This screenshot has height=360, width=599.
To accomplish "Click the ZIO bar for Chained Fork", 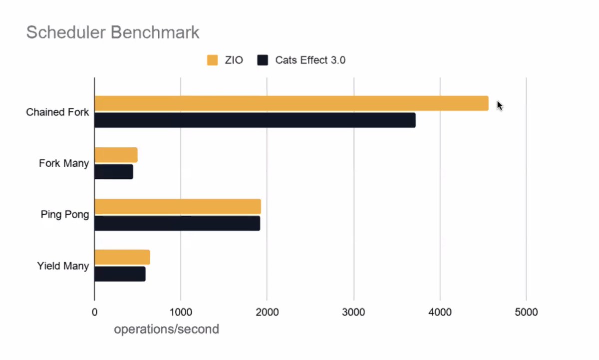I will click(x=291, y=103).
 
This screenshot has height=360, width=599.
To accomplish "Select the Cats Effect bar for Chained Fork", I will click(x=255, y=120).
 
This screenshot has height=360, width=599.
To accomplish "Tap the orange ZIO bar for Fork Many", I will click(x=116, y=155).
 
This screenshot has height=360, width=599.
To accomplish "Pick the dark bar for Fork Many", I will click(x=113, y=172).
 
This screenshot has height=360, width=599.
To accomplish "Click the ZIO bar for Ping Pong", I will click(x=177, y=206).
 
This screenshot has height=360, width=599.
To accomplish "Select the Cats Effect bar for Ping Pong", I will click(x=177, y=223).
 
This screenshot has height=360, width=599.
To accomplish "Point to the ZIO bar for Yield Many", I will click(x=122, y=257).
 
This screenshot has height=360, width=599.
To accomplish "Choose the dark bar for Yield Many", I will click(x=120, y=274).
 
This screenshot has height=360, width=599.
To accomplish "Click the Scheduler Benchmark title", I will click(x=113, y=32).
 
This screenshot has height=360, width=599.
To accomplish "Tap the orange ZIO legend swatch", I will click(x=213, y=60).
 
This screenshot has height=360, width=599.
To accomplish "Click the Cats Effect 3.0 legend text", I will click(x=310, y=60).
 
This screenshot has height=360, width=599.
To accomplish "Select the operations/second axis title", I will click(x=166, y=330).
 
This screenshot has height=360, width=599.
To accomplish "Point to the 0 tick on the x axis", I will click(x=94, y=313).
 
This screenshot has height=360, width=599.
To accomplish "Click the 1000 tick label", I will click(x=180, y=313).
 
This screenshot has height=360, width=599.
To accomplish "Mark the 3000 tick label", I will click(x=353, y=313).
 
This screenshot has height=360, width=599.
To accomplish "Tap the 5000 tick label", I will click(x=526, y=313).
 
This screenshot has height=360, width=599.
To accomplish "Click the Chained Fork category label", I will click(x=57, y=112).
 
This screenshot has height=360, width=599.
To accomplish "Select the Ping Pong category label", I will click(x=65, y=215).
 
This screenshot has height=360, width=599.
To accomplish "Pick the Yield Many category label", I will click(x=63, y=266).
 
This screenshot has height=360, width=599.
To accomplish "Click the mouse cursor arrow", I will click(x=499, y=105).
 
